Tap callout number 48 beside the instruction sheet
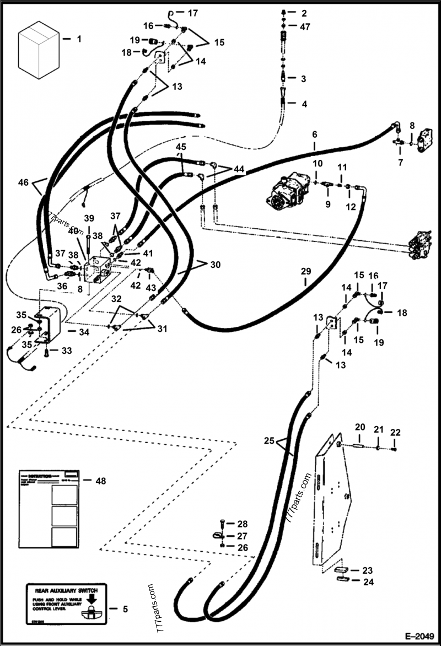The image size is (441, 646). [100, 481]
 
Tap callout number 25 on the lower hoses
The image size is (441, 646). [269, 440]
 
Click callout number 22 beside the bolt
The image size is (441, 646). [395, 432]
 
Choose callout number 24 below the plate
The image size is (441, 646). [368, 581]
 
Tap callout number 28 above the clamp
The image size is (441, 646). [243, 523]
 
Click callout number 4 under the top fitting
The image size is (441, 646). [304, 104]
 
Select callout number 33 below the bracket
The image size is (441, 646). [66, 350]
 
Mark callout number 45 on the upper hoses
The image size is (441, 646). [181, 147]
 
